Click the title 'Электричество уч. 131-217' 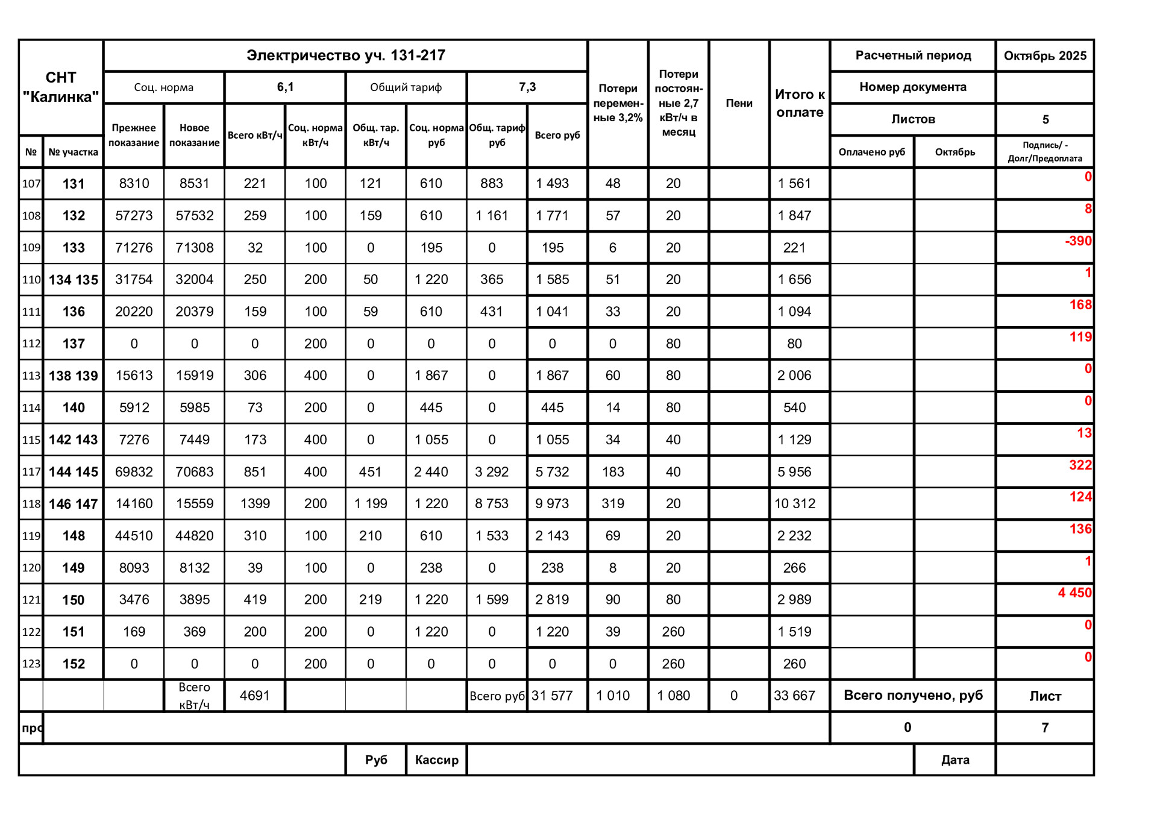pyautogui.click(x=345, y=55)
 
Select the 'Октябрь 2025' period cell pyautogui.click(x=1045, y=56)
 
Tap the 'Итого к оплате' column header pyautogui.click(x=800, y=103)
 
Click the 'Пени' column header pyautogui.click(x=739, y=103)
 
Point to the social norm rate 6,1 pyautogui.click(x=285, y=87)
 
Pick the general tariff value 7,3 pyautogui.click(x=527, y=87)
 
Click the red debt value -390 pyautogui.click(x=1078, y=241)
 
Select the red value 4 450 pyautogui.click(x=1074, y=593)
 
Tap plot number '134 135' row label pyautogui.click(x=74, y=280)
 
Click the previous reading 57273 pyautogui.click(x=134, y=216)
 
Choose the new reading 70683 pyautogui.click(x=194, y=472)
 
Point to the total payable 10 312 pyautogui.click(x=795, y=504)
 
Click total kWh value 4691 pyautogui.click(x=255, y=696)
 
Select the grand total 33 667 pyautogui.click(x=794, y=696)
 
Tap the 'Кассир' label pyautogui.click(x=436, y=760)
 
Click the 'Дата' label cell pyautogui.click(x=955, y=760)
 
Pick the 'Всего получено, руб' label pyautogui.click(x=913, y=696)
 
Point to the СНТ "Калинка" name pyautogui.click(x=61, y=87)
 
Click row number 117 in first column pyautogui.click(x=31, y=472)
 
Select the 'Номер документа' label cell pyautogui.click(x=913, y=87)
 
